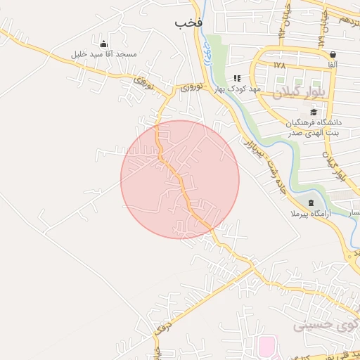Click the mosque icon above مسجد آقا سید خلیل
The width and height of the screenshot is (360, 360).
[x=104, y=44]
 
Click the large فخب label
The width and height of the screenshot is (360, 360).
[x=188, y=22]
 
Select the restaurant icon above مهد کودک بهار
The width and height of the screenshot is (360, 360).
[x=237, y=78]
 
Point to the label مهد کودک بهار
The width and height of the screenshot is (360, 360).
[x=240, y=89]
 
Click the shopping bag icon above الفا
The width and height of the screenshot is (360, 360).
[x=333, y=54]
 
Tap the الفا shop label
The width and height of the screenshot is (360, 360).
[x=331, y=64]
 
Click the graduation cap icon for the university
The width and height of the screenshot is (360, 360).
[x=313, y=112]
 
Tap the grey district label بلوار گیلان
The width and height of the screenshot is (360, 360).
[x=300, y=92]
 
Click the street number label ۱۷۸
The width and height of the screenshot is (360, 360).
[x=280, y=64]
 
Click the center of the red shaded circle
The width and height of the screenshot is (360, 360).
[x=180, y=179]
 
